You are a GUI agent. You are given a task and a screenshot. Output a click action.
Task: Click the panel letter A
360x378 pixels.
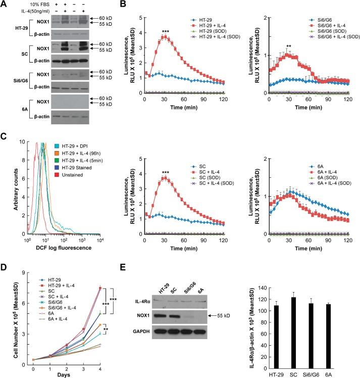pos(5,5)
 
